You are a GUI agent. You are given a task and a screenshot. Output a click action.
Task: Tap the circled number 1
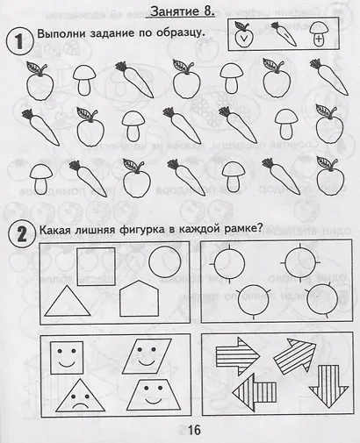click(x=18, y=41)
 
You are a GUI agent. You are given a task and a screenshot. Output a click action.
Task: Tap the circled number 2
click(x=18, y=232)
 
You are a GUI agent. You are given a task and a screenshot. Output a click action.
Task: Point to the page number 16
click(x=193, y=429)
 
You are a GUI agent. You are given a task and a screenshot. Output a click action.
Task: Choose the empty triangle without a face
click(x=70, y=303)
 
